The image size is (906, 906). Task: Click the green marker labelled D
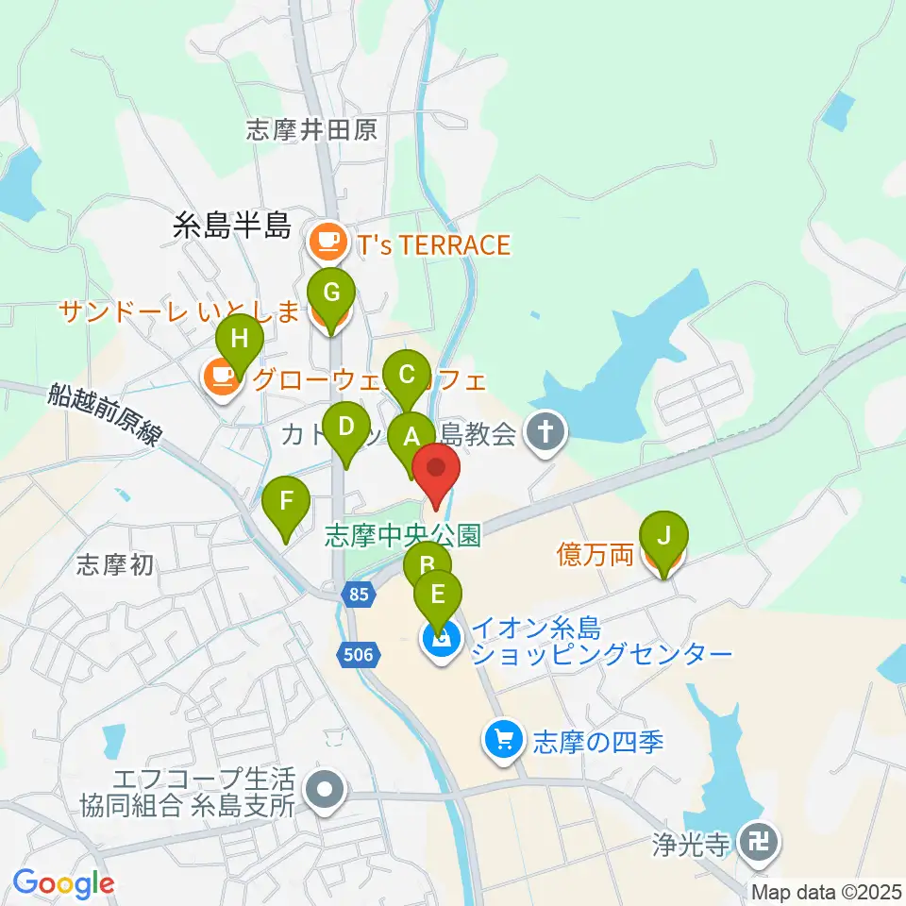coord(346,427)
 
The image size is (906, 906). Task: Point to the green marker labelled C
coord(407,375)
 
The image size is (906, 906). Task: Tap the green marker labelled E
coord(437,596)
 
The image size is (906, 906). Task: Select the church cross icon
coord(544,434)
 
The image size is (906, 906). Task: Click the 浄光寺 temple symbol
coord(759,837)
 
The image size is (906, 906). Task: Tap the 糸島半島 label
coord(232,226)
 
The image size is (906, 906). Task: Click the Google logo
coord(63,882)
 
